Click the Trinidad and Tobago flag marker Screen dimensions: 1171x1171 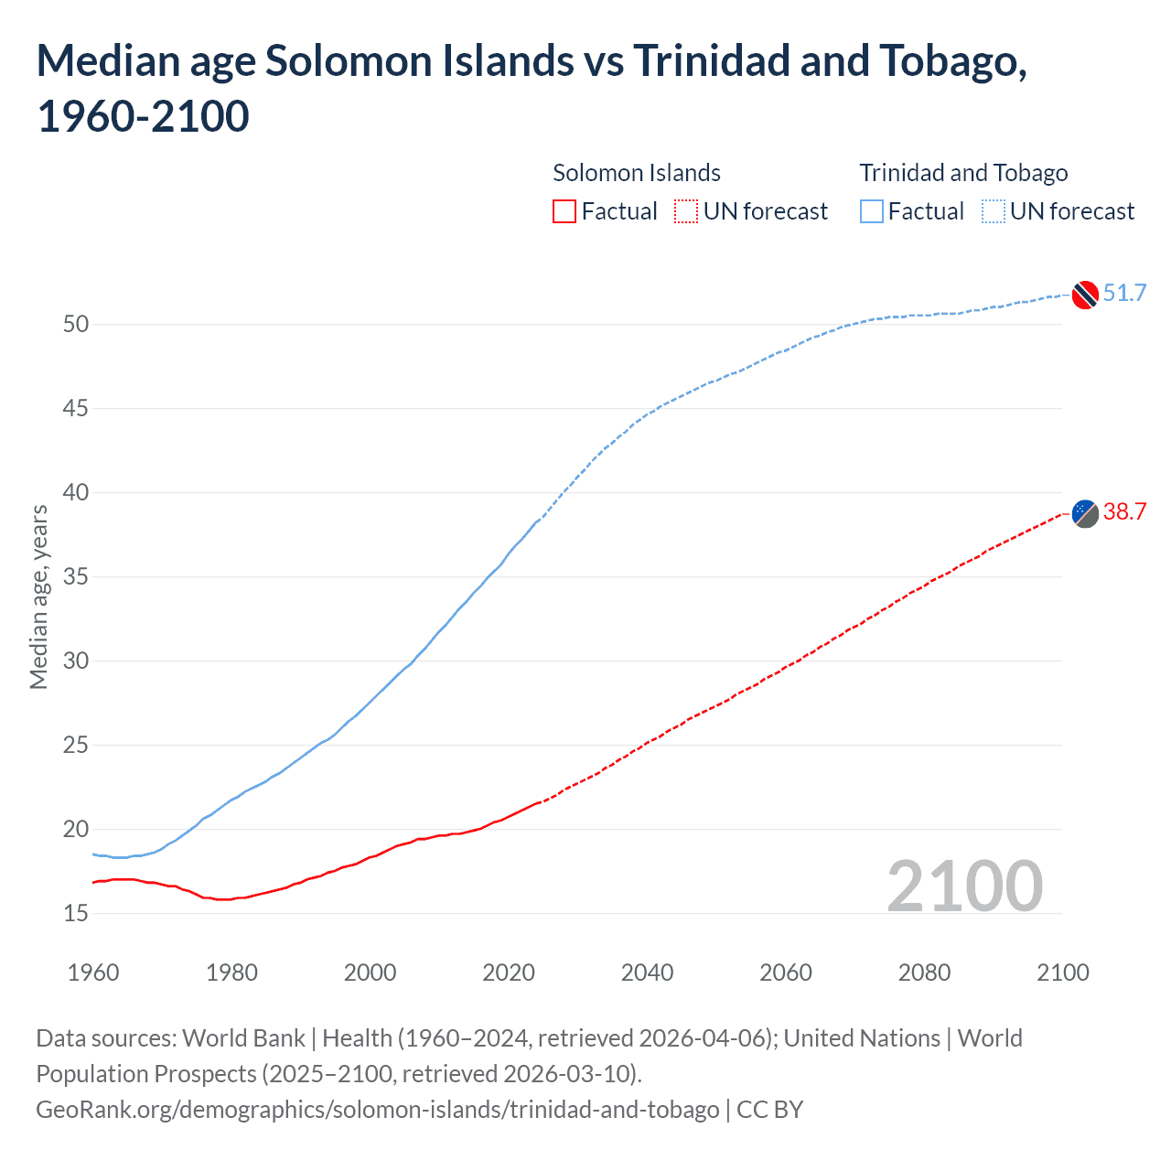[x=1085, y=295]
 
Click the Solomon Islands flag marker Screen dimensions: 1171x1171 [x=1085, y=514]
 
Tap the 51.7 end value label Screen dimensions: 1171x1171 [x=1124, y=293]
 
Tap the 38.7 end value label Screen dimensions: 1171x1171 [x=1124, y=511]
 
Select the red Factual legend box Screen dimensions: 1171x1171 [x=564, y=211]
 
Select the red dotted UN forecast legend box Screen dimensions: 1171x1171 [x=686, y=211]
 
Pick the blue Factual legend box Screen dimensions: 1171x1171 [x=872, y=211]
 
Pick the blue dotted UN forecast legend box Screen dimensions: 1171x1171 [x=993, y=211]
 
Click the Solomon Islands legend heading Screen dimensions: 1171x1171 [x=637, y=173]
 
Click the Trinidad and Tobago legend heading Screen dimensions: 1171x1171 [x=963, y=173]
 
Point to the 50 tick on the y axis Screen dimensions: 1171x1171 [x=76, y=324]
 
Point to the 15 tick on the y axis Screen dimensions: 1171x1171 [x=76, y=913]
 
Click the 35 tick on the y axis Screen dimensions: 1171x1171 [x=76, y=576]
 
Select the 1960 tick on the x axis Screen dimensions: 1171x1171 [x=93, y=972]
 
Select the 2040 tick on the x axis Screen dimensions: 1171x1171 [x=647, y=972]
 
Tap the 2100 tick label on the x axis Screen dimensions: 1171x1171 [x=1062, y=972]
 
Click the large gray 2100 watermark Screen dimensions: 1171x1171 [x=964, y=886]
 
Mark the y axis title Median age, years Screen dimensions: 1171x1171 [x=38, y=596]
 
